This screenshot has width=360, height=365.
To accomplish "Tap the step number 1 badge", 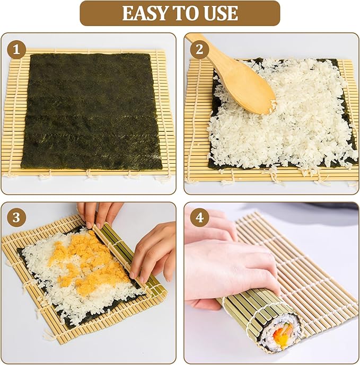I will [16, 50].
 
